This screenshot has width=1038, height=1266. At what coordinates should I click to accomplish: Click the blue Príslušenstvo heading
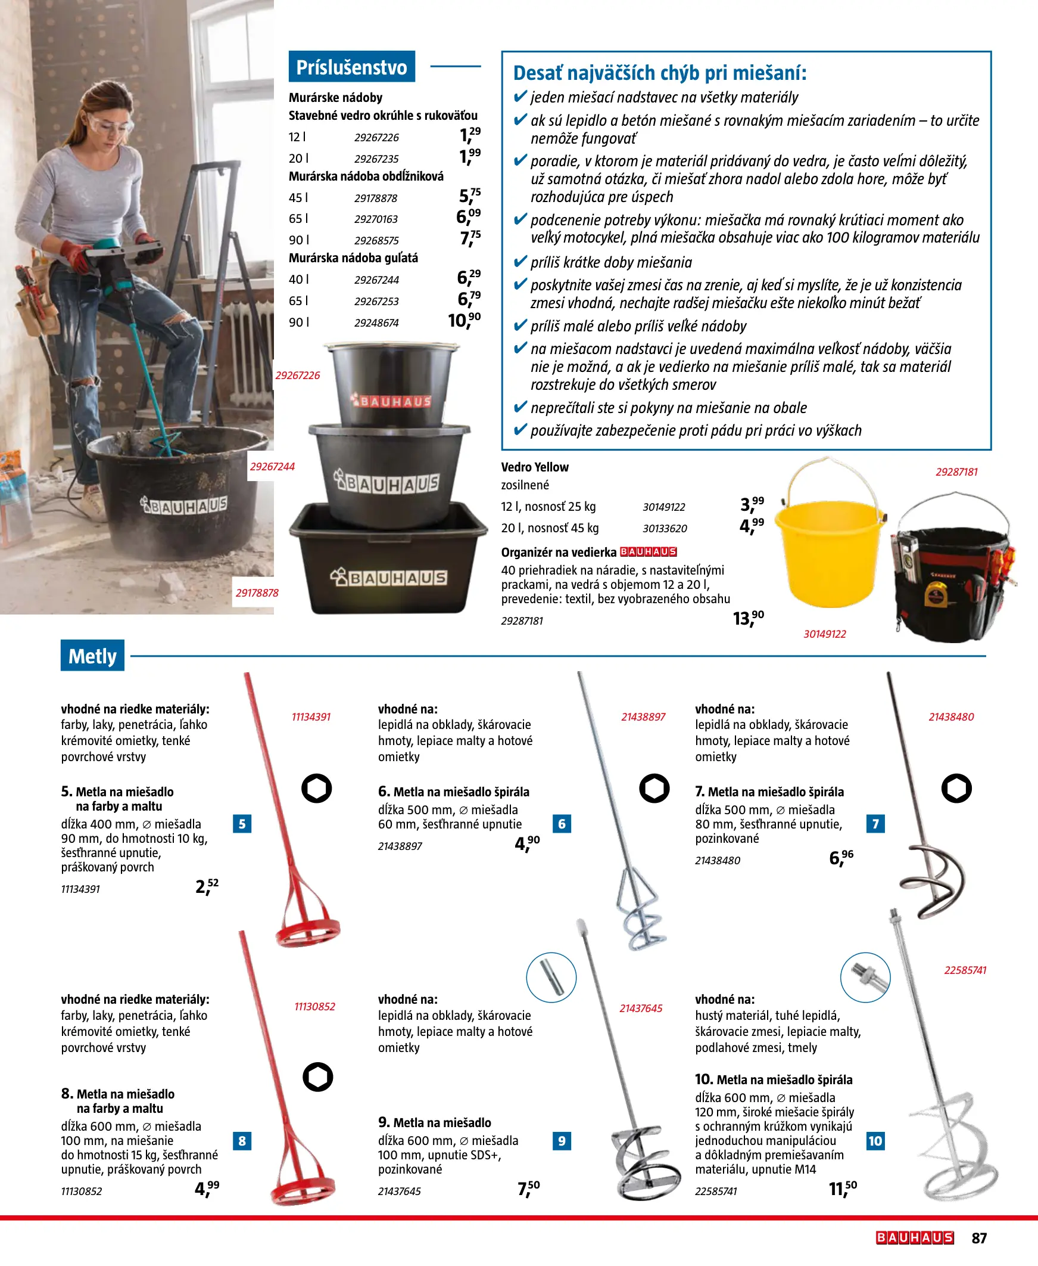click(351, 66)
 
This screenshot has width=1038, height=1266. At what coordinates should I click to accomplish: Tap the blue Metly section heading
click(93, 655)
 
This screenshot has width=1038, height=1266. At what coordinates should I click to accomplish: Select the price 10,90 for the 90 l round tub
click(464, 321)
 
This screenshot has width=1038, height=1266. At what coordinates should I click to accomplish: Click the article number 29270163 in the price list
click(376, 219)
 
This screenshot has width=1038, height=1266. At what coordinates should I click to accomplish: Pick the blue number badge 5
click(242, 823)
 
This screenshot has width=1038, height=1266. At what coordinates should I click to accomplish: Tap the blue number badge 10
click(875, 1140)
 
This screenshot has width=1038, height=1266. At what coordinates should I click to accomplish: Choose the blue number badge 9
click(562, 1140)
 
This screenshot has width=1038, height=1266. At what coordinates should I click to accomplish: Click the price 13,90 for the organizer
click(749, 618)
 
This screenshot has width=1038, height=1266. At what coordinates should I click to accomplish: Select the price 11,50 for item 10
click(843, 1189)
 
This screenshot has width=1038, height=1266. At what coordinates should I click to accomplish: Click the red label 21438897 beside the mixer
click(643, 717)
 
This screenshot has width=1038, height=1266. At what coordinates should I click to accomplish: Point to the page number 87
click(980, 1238)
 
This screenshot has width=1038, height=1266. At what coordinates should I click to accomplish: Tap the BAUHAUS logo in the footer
click(915, 1238)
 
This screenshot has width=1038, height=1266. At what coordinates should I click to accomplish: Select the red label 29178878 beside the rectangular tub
click(257, 593)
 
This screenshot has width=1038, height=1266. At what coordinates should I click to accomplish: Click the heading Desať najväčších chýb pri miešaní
click(660, 73)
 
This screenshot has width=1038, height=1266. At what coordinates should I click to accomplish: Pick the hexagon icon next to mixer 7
click(956, 789)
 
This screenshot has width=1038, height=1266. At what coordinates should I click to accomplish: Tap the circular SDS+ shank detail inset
click(551, 978)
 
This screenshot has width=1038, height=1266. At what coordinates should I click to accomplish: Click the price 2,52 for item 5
click(207, 886)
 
